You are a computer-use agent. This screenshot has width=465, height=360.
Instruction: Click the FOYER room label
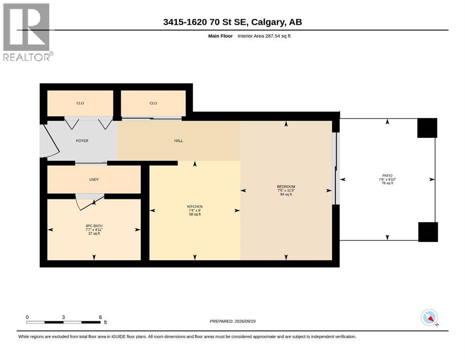[x=82, y=141]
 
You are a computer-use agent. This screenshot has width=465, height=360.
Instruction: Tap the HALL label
[x=178, y=141]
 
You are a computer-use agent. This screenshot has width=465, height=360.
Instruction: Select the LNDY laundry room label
[x=94, y=180]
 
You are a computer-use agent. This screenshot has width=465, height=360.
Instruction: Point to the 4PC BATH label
[x=94, y=226]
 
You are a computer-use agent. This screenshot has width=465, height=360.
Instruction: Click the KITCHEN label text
[x=195, y=207]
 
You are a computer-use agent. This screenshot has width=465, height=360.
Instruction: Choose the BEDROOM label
[x=286, y=187]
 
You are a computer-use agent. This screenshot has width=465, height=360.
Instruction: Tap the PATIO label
[x=387, y=176]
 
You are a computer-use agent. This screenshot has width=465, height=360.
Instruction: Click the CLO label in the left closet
[x=81, y=103]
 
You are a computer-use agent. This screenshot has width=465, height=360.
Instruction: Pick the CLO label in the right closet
[x=153, y=103]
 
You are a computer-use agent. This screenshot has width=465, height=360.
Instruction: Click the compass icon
[x=429, y=317]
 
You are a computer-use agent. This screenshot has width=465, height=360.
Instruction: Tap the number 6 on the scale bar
[x=101, y=317]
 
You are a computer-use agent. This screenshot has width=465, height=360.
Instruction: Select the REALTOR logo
[x=28, y=32]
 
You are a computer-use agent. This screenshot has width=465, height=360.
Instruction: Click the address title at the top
[x=232, y=22]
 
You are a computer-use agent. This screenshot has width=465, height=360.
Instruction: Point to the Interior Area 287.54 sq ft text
[x=264, y=36]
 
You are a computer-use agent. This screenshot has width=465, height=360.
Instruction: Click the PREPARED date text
[x=232, y=321]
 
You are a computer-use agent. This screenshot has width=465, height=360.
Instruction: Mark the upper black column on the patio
[x=427, y=128]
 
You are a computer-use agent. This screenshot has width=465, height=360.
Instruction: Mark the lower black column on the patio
[x=428, y=232]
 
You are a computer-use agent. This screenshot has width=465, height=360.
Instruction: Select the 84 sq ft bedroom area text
[x=286, y=195]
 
